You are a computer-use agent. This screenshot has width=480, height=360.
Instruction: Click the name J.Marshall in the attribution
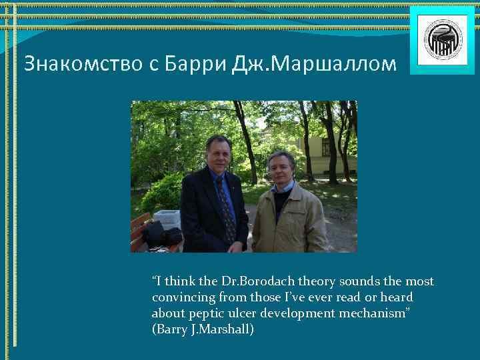(220, 329)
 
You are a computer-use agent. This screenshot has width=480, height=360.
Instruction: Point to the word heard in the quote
(397, 297)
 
